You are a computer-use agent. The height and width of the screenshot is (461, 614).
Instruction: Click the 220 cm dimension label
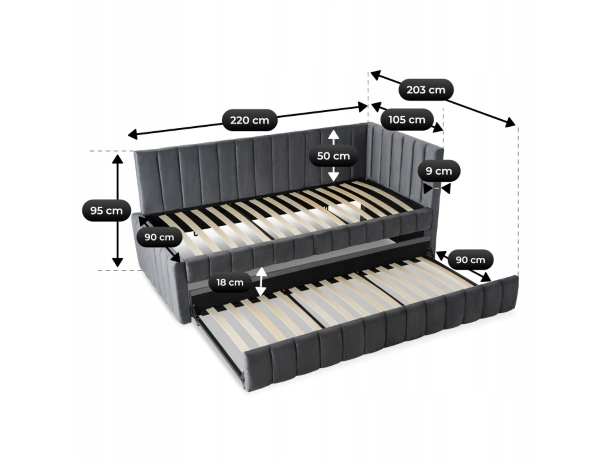click(249, 120)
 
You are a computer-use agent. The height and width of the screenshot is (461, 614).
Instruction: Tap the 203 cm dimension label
click(425, 90)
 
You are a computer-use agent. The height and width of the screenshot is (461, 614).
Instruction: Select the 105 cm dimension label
click(407, 120)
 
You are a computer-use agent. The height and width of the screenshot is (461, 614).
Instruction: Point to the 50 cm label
click(333, 156)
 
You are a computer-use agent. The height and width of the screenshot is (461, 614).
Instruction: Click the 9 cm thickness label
click(439, 171)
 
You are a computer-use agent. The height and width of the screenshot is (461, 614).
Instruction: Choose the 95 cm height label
click(106, 211)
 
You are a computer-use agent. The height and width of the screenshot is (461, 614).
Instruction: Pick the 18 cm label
click(230, 282)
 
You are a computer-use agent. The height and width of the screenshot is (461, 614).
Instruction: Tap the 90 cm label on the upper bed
click(159, 237)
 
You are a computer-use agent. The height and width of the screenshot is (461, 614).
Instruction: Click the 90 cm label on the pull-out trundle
click(470, 260)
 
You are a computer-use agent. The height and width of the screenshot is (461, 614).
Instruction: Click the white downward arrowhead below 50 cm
click(334, 176)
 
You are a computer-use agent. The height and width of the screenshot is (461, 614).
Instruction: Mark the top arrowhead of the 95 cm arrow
click(117, 159)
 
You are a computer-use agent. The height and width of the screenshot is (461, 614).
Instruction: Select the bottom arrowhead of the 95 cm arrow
click(117, 262)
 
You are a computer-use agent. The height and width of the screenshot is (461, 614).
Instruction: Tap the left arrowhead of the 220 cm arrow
click(133, 134)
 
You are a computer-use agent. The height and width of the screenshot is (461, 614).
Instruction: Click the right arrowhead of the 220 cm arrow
click(363, 107)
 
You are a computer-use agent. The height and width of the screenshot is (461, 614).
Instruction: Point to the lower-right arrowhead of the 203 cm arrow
click(510, 123)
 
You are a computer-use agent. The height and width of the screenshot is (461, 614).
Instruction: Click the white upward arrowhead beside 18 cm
click(261, 272)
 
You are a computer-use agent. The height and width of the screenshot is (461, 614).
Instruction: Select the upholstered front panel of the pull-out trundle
click(380, 330)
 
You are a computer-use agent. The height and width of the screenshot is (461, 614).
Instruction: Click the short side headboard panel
click(406, 173)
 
